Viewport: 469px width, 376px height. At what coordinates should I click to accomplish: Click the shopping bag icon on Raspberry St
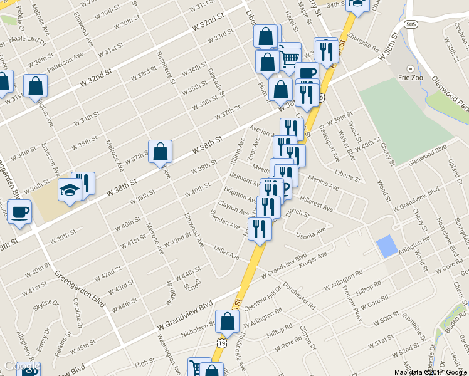pyautogui.click(x=160, y=152)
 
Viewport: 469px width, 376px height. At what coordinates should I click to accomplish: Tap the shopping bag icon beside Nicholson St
pyautogui.click(x=227, y=322)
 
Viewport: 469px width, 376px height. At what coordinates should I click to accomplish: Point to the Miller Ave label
pyautogui.click(x=227, y=253)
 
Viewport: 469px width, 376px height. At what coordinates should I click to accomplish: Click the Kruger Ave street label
pyautogui.click(x=314, y=259)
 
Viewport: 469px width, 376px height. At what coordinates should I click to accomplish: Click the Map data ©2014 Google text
pyautogui.click(x=430, y=372)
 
